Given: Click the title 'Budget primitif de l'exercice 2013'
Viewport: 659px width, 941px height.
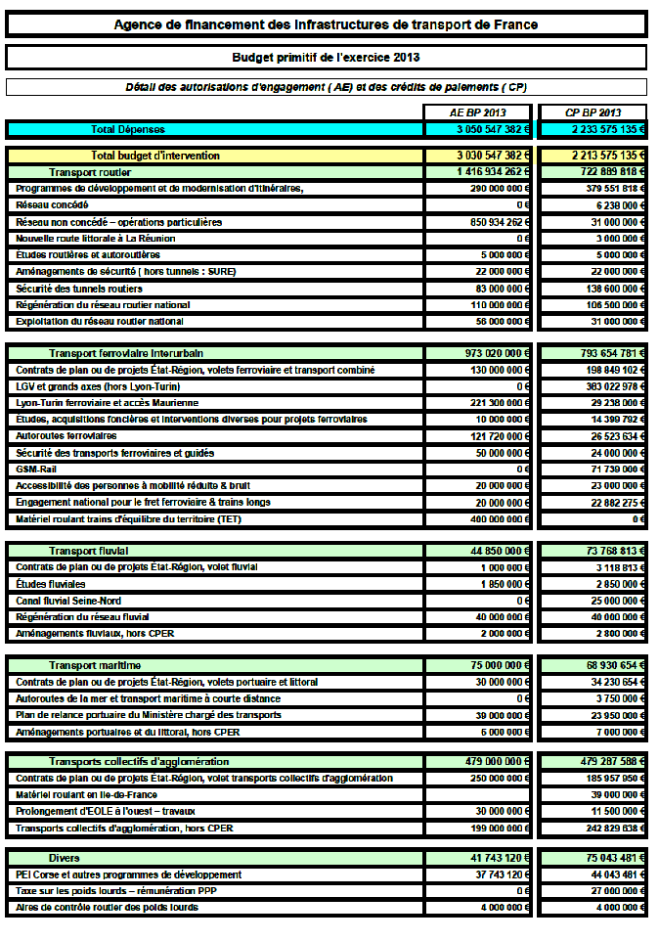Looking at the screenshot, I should click(327, 58).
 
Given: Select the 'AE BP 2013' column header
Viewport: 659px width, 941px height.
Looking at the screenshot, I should click(478, 112).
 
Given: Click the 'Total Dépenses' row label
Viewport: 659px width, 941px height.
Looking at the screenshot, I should click(128, 129).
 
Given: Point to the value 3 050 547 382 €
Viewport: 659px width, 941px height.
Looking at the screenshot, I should click(493, 129).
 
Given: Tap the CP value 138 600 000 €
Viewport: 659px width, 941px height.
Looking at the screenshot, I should click(605, 289).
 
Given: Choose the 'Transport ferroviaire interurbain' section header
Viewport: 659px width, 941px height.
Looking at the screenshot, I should click(126, 352).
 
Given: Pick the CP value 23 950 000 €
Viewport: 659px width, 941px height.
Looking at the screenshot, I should click(607, 715).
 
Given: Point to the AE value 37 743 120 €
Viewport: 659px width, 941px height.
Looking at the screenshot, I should click(494, 874).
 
